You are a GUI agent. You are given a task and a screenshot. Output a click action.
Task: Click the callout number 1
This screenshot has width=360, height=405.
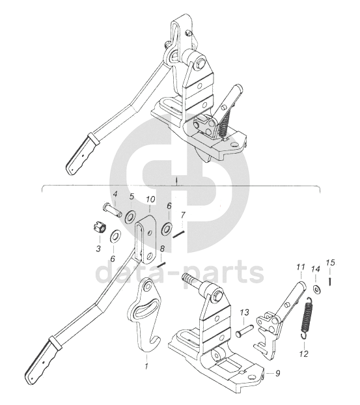point(146,366)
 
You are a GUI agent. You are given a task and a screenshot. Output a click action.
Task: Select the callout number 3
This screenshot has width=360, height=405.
point(98,249)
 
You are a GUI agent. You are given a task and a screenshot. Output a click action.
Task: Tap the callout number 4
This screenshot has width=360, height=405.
point(115,194)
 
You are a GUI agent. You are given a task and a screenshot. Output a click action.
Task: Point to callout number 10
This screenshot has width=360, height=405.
point(150,199)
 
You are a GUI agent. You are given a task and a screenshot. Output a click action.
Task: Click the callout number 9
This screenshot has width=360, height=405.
point(277,373)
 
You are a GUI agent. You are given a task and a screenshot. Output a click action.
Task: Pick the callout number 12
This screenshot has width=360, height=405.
point(305,354)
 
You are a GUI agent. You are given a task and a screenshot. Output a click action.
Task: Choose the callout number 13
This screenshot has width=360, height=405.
point(244,313)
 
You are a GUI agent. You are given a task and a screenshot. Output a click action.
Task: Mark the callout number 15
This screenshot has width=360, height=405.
point(330,262)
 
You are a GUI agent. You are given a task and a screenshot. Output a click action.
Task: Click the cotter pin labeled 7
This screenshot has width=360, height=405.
point(178,235)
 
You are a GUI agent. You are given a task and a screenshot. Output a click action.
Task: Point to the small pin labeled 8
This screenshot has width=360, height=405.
point(162,264)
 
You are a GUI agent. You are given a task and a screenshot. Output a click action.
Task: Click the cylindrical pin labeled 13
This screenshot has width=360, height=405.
point(245,331)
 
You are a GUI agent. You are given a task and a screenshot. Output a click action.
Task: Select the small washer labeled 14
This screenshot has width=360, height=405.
point(316,289)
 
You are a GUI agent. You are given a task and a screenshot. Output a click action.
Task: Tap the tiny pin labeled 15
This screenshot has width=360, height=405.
point(330,281)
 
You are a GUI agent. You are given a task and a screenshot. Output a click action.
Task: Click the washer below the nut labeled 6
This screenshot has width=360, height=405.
point(115,236)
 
